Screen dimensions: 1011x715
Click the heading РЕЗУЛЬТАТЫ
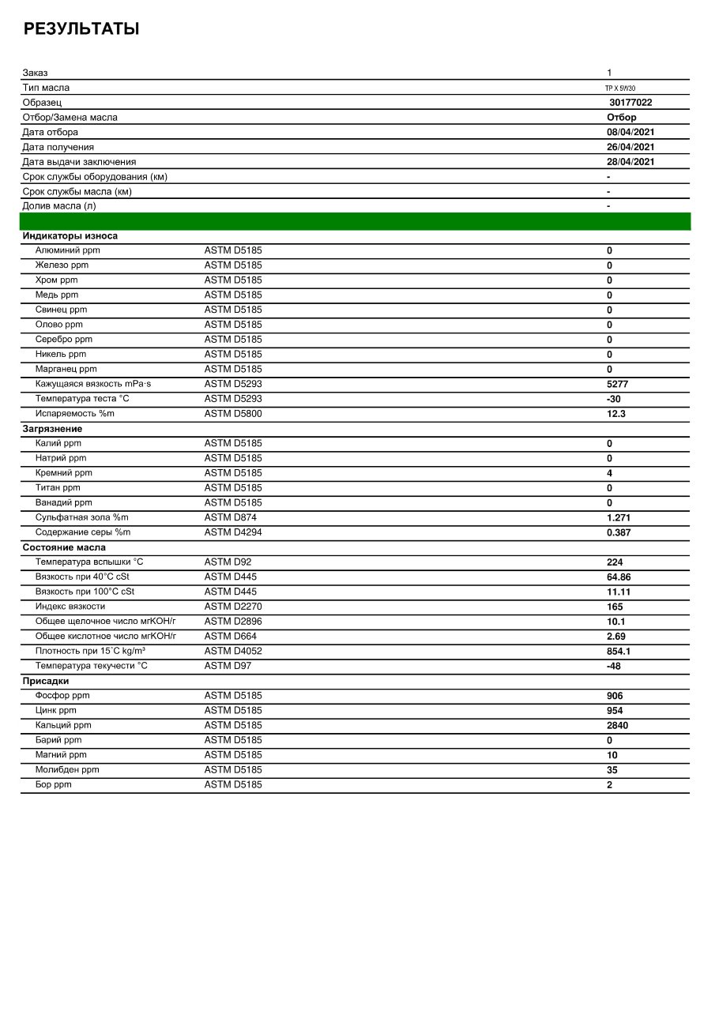pyautogui.click(x=81, y=29)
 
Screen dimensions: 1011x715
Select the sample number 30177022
pyautogui.click(x=630, y=103)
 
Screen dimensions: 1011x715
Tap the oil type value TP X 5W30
pyautogui.click(x=620, y=88)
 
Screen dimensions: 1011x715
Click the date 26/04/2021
pyautogui.click(x=630, y=147)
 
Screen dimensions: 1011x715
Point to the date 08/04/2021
pyautogui.click(x=630, y=132)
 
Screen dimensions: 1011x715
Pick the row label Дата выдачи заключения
pyautogui.click(x=79, y=162)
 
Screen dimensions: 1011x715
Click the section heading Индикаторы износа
pyautogui.click(x=70, y=235)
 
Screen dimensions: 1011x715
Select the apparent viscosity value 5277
pyautogui.click(x=617, y=384)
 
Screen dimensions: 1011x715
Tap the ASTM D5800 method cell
pyautogui.click(x=233, y=413)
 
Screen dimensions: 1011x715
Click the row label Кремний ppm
pyautogui.click(x=64, y=473)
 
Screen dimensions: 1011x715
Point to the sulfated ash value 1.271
pyautogui.click(x=619, y=518)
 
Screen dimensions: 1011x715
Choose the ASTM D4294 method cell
pyautogui.click(x=233, y=532)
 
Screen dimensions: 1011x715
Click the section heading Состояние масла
pyautogui.click(x=64, y=547)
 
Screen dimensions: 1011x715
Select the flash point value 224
pyautogui.click(x=615, y=562)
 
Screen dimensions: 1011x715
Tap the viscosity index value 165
pyautogui.click(x=615, y=607)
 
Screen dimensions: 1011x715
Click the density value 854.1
pyautogui.click(x=619, y=652)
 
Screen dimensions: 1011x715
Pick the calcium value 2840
pyautogui.click(x=617, y=725)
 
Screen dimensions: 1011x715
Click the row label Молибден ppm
pyautogui.click(x=67, y=770)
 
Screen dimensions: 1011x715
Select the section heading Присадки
pyautogui.click(x=46, y=681)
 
